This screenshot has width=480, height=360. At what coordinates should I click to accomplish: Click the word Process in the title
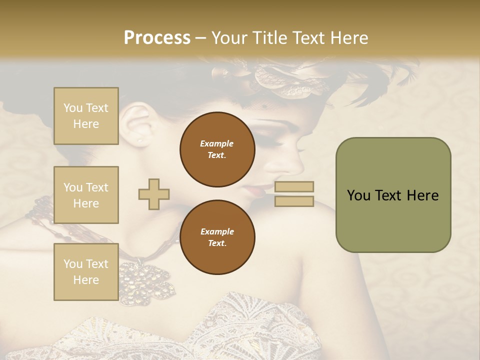coord(157,38)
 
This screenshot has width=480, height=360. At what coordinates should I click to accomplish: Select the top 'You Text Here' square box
coord(86,116)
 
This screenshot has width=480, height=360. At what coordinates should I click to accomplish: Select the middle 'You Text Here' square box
coord(86,195)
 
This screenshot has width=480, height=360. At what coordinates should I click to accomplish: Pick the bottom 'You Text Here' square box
coord(86,272)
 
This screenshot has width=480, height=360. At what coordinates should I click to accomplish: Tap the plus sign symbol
coord(154,194)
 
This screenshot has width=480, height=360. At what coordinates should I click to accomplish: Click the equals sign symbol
coord(294,194)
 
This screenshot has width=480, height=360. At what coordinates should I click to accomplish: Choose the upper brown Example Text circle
coord(217,149)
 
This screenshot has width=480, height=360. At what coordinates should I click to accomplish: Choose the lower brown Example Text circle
coord(217,237)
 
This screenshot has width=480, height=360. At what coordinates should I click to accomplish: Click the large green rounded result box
coord(393,195)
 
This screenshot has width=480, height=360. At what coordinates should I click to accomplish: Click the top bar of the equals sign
coord(294,187)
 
